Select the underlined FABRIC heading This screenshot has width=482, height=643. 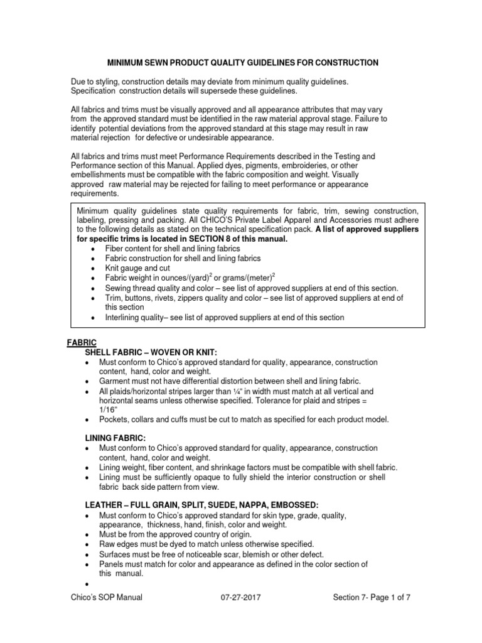point(82,342)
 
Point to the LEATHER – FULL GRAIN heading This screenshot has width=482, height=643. point(201,505)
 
